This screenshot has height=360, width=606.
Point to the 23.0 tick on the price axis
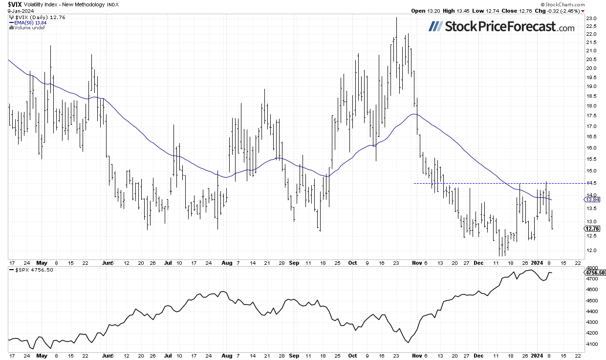[x=591, y=19]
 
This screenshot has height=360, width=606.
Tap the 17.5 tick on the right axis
[x=591, y=116]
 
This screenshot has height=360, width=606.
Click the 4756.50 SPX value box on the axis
[x=595, y=273]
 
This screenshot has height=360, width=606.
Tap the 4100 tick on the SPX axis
[x=592, y=344]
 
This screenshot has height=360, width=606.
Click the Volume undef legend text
[x=28, y=27]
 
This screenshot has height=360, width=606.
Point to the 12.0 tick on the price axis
[x=591, y=250]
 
